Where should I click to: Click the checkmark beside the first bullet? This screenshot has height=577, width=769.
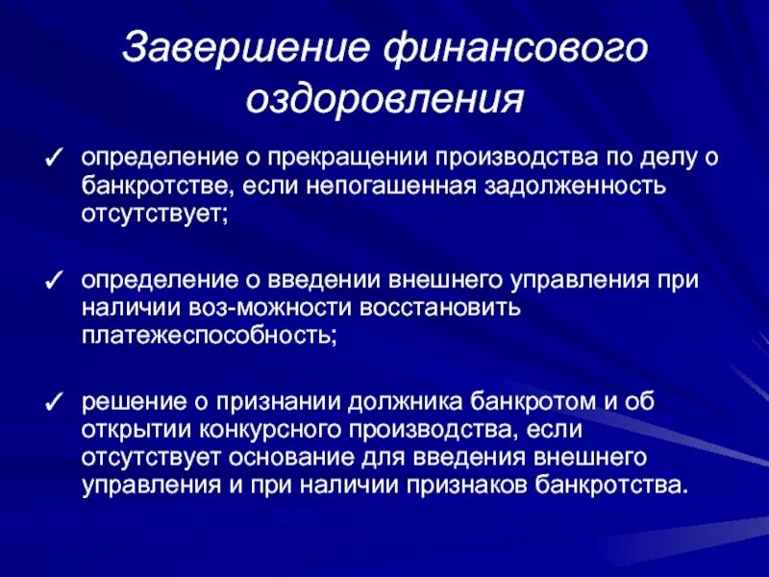coord(57,158)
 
